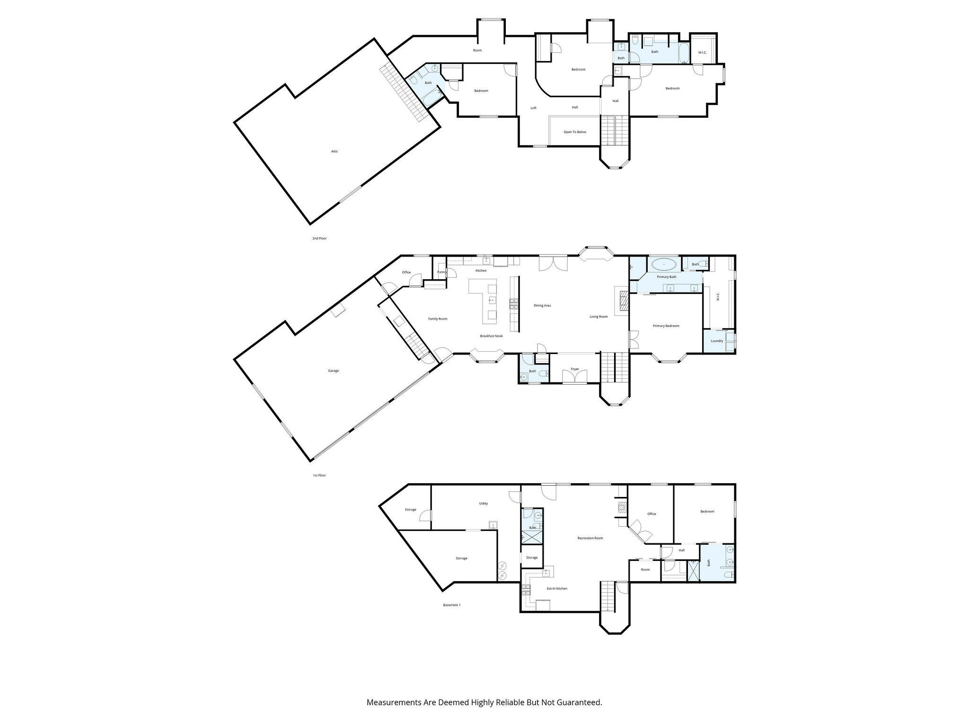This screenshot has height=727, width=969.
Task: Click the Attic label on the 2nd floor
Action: click(335, 151)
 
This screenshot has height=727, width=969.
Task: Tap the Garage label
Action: click(334, 371)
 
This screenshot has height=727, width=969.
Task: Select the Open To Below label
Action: click(575, 132)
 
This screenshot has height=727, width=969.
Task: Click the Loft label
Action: click(533, 108)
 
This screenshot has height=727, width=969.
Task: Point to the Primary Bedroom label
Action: click(666, 326)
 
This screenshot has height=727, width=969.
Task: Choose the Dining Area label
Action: click(542, 306)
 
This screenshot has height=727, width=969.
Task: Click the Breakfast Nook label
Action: click(491, 336)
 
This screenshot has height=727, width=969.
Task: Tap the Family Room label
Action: click(438, 319)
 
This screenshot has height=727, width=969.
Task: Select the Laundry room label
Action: click(717, 341)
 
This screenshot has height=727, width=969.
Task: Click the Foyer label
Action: click(575, 369)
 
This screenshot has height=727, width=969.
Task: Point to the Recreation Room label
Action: click(590, 538)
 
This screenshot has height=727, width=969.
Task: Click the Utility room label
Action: click(483, 504)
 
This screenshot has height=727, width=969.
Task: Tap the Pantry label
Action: click(442, 272)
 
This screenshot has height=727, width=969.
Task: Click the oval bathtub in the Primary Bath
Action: click(664, 264)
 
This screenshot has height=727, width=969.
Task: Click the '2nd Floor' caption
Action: click(319, 239)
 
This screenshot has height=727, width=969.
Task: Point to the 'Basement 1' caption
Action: click(451, 605)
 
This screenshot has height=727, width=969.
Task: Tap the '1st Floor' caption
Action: click(319, 475)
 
